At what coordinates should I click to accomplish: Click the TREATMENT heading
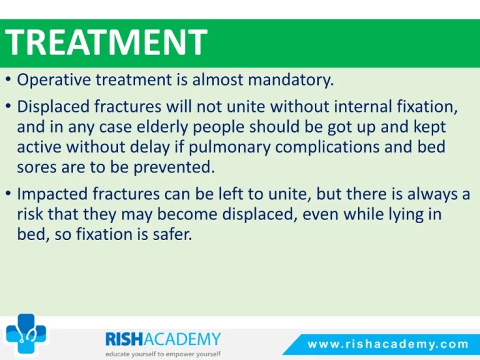pos(106,42)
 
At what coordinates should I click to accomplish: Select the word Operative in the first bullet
pos(54,80)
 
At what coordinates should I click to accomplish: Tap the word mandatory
pos(291,80)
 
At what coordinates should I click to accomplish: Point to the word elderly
pos(162,127)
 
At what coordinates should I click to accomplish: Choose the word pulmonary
pos(229,147)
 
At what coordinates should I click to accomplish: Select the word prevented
pos(174,167)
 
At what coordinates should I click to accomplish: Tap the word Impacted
pos(52,194)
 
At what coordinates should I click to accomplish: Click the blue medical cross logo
pos(26,333)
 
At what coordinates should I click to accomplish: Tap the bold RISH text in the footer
pos(124,339)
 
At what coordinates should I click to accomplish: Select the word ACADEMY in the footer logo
pos(182,339)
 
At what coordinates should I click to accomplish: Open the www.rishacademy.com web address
pos(388,344)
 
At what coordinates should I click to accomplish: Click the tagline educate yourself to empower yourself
pos(163,354)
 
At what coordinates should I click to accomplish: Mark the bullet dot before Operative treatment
pos(9,80)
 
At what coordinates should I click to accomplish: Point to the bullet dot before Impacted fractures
pos(9,194)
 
